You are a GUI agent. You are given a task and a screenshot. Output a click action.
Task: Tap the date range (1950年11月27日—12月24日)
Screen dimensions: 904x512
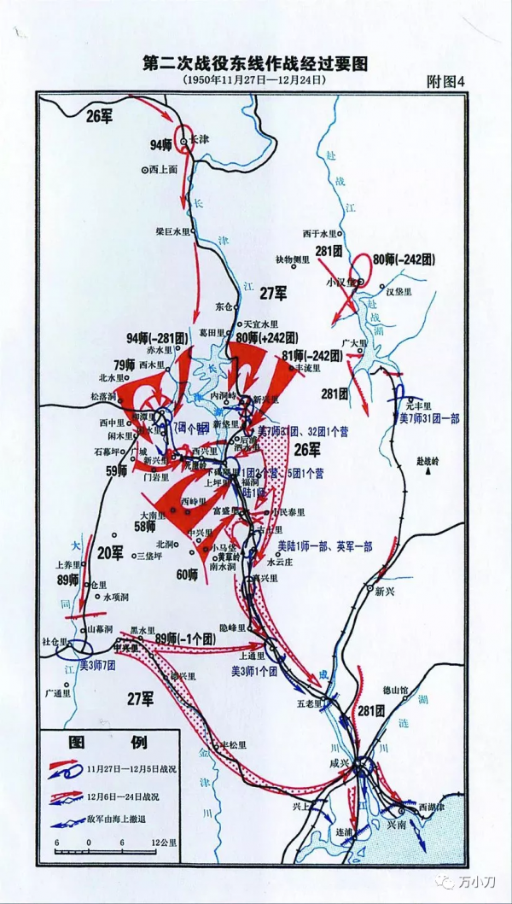point(254,79)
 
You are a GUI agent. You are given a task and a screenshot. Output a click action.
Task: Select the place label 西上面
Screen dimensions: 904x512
point(165,169)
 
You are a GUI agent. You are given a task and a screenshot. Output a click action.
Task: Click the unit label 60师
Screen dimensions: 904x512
point(187,574)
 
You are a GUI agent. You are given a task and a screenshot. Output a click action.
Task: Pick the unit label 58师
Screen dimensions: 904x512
point(146,527)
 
